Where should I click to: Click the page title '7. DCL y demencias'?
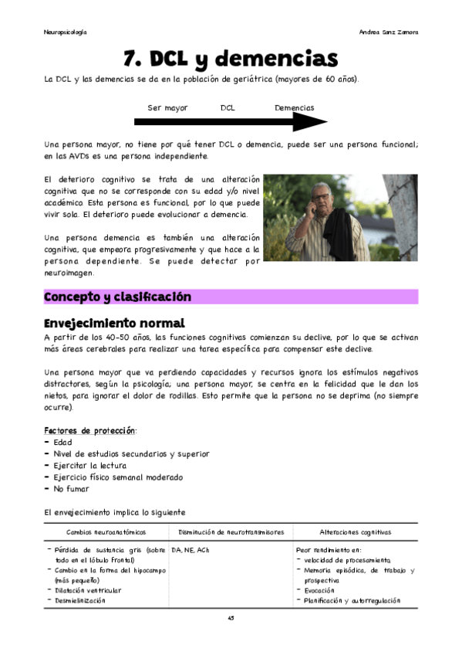[x=231, y=58]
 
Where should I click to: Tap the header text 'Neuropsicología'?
[x=65, y=32]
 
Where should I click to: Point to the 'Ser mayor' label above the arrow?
[x=167, y=108]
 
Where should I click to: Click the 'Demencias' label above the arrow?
[x=295, y=108]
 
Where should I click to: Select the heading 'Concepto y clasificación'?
[x=118, y=297]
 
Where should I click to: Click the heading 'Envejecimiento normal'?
[x=114, y=322]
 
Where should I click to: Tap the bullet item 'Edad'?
[x=62, y=443]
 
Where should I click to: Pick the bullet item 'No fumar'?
[x=71, y=489]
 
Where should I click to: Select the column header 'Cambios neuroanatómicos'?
[x=106, y=532]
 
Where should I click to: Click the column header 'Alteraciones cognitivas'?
[x=355, y=532]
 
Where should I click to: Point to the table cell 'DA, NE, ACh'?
[x=191, y=550]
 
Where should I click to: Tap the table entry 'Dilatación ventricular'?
[x=88, y=590]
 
